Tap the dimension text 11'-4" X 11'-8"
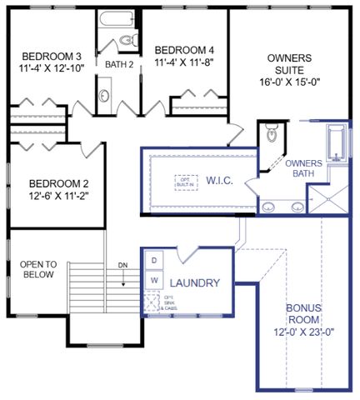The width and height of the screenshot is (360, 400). pos(184,60)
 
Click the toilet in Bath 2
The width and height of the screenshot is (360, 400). pos(127,39)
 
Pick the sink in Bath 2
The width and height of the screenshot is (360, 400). pos(105,94)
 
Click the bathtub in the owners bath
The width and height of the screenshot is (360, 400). pos(335,146)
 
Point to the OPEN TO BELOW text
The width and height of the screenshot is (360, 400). pos(37,269)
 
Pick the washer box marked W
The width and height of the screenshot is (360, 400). pos(154,281)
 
